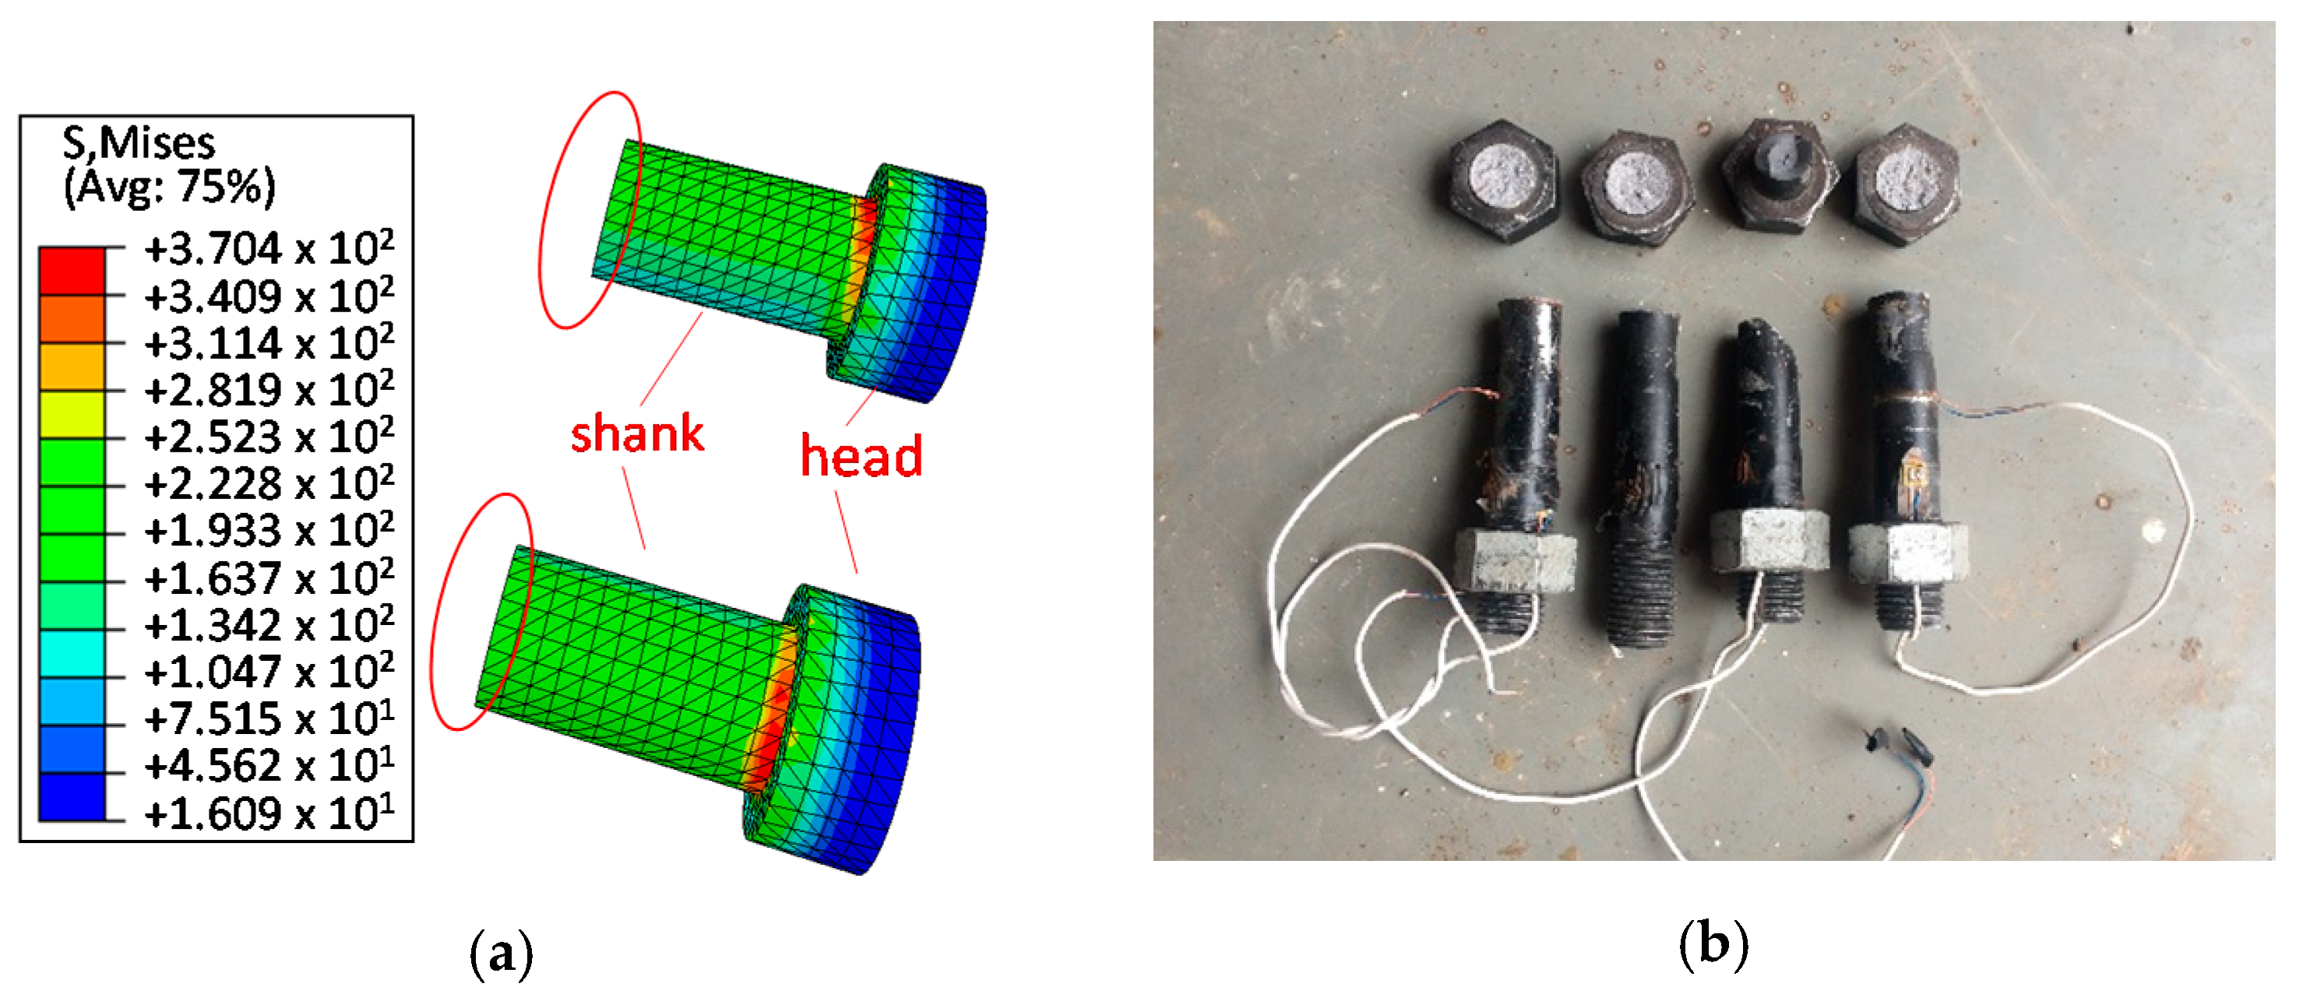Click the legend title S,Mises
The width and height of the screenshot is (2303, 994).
[139, 143]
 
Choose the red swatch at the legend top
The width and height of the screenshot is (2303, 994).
[72, 270]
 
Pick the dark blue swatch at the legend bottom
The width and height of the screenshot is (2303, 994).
[72, 796]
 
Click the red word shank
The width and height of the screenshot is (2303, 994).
[636, 434]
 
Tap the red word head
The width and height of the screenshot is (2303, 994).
[861, 455]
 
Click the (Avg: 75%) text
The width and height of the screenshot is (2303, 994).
[169, 187]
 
